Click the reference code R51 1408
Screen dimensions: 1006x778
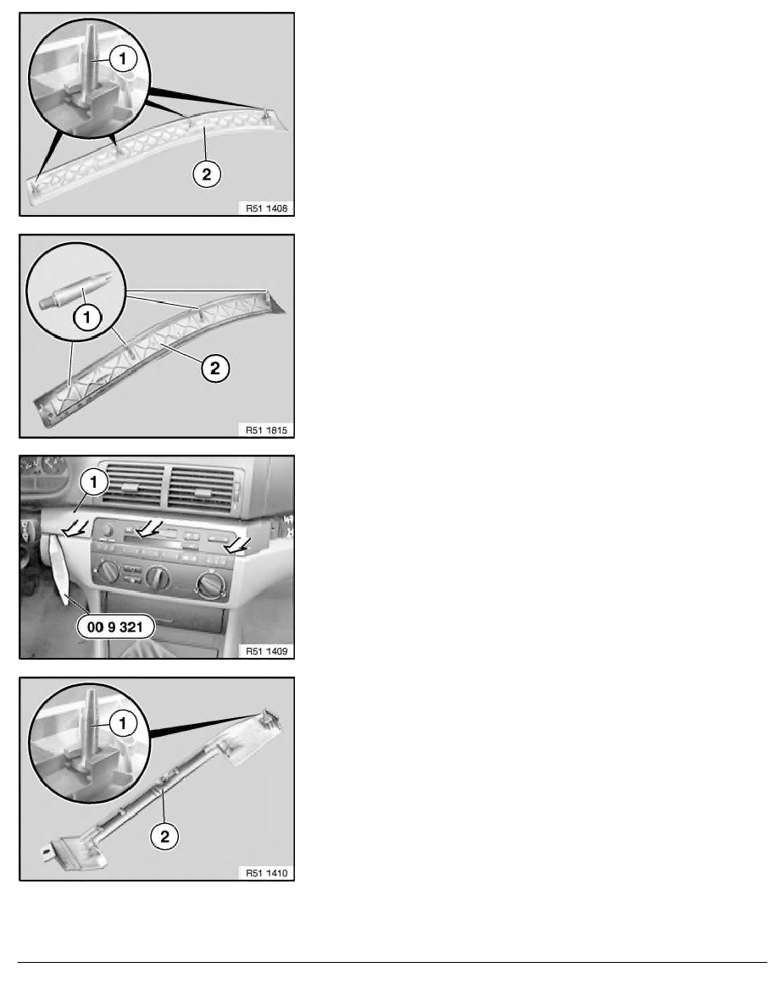[x=264, y=207]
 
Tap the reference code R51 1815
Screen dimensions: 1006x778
[x=264, y=429]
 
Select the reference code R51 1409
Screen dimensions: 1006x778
[x=264, y=651]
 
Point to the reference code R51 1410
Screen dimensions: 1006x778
[x=264, y=872]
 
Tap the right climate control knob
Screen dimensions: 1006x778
[x=208, y=585]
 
